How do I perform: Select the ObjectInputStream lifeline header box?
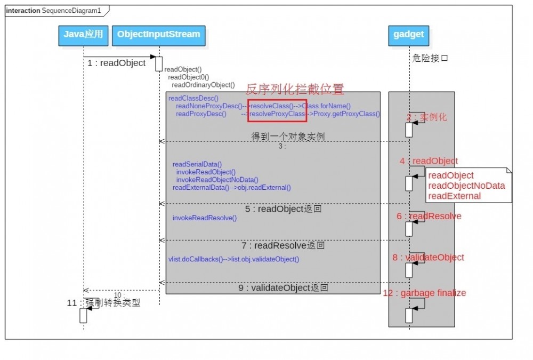pos(159,35)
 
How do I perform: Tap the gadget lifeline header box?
pos(409,35)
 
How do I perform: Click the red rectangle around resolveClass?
pos(277,110)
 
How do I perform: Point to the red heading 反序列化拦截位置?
pos(295,89)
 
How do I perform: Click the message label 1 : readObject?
pos(117,63)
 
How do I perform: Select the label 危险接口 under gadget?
pos(430,58)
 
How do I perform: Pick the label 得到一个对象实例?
pos(288,137)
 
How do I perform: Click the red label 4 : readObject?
pos(429,161)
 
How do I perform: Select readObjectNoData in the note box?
pos(466,186)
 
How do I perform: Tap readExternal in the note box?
pos(454,196)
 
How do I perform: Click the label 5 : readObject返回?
pos(283,209)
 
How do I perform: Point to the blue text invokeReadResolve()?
pos(204,218)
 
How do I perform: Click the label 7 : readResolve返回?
pos(282,246)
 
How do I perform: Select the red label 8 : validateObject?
pos(428,258)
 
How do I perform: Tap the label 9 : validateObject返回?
pos(282,288)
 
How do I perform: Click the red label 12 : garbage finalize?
pos(424,293)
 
